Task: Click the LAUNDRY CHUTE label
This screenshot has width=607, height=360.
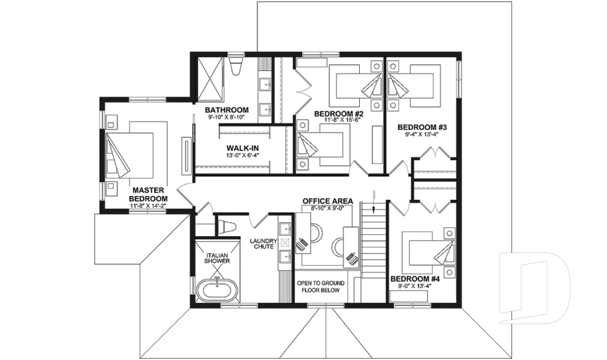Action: pos(262,244)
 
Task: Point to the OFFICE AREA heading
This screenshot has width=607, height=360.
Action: pos(328,201)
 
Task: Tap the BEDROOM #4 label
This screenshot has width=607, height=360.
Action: pos(414,279)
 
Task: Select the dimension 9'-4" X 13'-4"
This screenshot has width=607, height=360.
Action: pos(418,134)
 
